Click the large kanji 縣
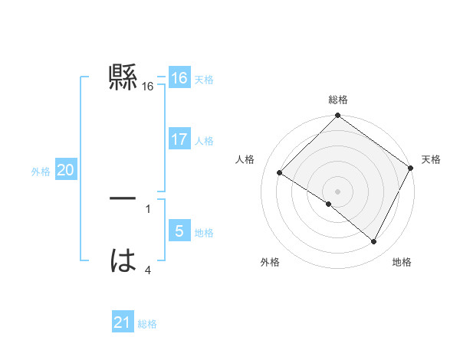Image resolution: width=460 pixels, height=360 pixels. pyautogui.click(x=123, y=77)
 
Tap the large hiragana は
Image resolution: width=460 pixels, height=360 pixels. pyautogui.click(x=123, y=260)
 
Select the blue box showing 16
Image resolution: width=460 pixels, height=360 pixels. pyautogui.click(x=179, y=78)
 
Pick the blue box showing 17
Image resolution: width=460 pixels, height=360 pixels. pyautogui.click(x=179, y=139)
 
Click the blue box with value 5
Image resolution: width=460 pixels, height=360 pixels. pyautogui.click(x=179, y=231)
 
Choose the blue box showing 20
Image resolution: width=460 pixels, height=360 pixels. pyautogui.click(x=65, y=170)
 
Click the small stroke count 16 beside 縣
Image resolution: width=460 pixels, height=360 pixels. pyautogui.click(x=148, y=87)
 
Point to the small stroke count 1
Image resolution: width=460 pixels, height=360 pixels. pyautogui.click(x=148, y=208)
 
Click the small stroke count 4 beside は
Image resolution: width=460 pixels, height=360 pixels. pyautogui.click(x=148, y=270)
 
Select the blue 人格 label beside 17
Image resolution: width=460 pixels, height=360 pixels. pyautogui.click(x=204, y=141)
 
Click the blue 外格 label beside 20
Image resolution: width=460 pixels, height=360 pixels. pyautogui.click(x=41, y=172)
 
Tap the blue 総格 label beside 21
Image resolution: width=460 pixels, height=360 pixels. pyautogui.click(x=147, y=324)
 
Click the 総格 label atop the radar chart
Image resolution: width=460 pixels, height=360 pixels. pyautogui.click(x=338, y=100)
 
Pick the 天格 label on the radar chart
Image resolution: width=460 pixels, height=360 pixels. pyautogui.click(x=432, y=159)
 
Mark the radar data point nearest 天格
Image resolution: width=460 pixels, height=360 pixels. pyautogui.click(x=411, y=168)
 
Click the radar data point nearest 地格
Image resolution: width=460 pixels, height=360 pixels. pyautogui.click(x=374, y=242)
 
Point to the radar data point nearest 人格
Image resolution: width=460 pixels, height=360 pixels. pyautogui.click(x=280, y=173)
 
